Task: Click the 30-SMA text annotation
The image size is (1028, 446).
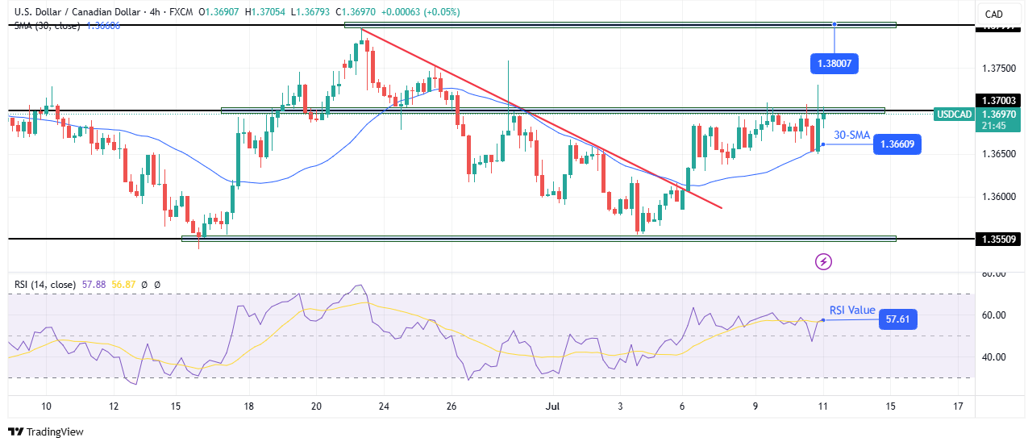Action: (851, 135)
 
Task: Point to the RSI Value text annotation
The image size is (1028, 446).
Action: (852, 311)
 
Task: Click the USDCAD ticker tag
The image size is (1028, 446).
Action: (953, 115)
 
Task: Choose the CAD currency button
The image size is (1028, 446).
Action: (993, 14)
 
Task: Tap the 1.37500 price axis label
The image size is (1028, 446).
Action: (999, 68)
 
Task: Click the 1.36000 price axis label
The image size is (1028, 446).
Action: (999, 197)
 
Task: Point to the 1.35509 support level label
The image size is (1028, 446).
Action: (999, 239)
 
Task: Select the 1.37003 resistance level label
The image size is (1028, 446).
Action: (999, 100)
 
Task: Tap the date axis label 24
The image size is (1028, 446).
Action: (384, 406)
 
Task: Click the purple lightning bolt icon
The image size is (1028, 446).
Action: (824, 261)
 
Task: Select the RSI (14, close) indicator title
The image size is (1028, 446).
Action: (44, 285)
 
